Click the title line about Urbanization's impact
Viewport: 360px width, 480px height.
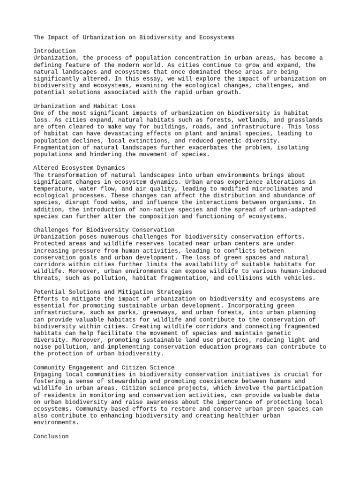click(x=134, y=37)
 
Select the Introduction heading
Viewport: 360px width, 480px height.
click(x=55, y=51)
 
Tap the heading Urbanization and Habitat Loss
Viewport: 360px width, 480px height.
click(x=84, y=106)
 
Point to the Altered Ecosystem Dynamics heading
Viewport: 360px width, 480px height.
click(x=79, y=167)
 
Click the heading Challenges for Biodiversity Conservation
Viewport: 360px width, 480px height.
click(x=104, y=230)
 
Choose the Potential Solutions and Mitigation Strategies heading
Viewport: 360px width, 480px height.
click(x=113, y=292)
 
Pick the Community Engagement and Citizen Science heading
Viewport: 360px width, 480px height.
click(x=104, y=367)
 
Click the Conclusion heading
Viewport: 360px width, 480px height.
click(x=51, y=436)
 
